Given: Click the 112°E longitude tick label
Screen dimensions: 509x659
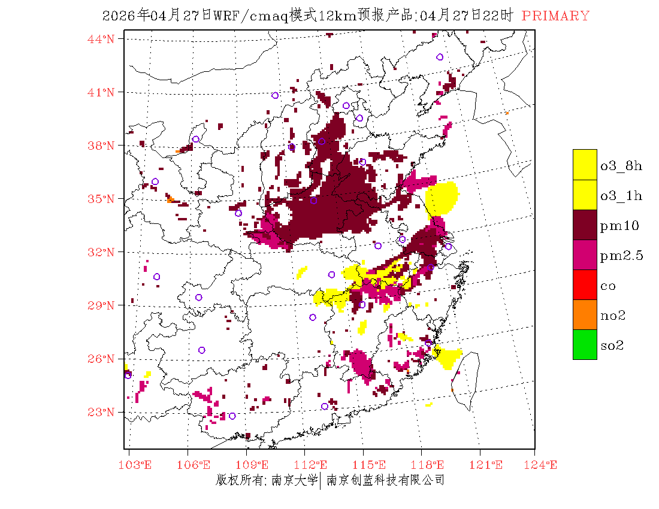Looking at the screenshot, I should [x=314, y=465].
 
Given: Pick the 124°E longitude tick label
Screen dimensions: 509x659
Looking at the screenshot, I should [x=544, y=465].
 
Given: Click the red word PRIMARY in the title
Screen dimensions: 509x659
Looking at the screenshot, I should [x=555, y=16].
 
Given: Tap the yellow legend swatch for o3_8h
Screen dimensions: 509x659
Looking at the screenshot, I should [x=585, y=165].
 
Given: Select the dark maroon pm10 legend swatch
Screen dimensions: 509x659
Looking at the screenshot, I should [x=585, y=225].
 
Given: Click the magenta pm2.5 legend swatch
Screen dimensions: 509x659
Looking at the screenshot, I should [x=585, y=255].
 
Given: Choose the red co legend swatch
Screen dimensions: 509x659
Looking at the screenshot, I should [x=585, y=284].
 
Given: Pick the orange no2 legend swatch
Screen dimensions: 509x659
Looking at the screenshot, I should [x=585, y=314].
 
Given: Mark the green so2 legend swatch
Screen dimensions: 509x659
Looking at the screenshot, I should [x=585, y=344].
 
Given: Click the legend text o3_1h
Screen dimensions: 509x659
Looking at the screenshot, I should [x=621, y=195].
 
